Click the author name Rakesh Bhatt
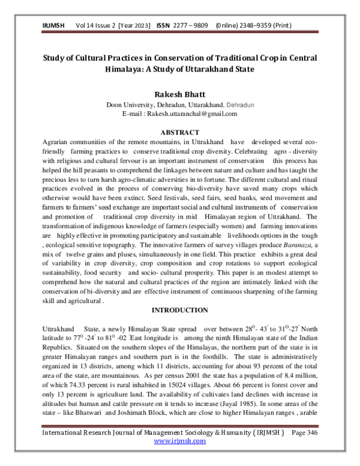[180, 94]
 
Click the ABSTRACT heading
[179, 131]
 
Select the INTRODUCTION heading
[179, 310]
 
